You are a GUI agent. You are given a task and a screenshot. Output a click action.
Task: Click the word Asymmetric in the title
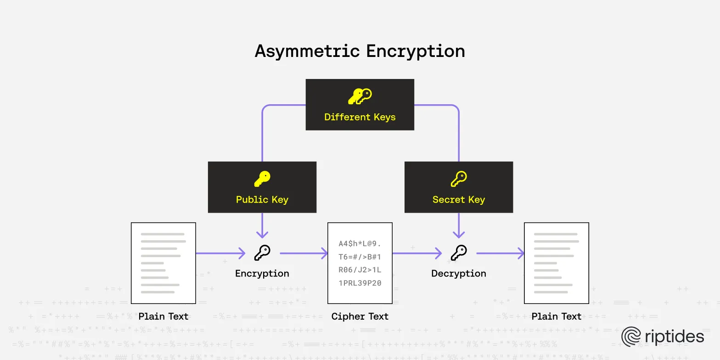[307, 51]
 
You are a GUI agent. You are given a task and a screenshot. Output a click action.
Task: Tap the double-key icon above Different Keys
[360, 96]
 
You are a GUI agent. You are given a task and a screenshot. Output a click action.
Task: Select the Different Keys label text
[360, 117]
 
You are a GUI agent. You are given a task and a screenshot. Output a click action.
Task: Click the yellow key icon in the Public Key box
[262, 179]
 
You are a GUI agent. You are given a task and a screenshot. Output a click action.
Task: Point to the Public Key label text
[262, 200]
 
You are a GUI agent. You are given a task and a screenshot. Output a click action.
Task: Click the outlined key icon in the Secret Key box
[458, 179]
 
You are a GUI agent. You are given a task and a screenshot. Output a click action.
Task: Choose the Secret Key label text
[458, 200]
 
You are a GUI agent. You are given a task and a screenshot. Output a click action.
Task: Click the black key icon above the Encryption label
[262, 252]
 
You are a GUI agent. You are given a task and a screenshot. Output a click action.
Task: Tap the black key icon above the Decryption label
[458, 252]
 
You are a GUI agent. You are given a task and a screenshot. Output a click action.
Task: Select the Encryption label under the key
[262, 274]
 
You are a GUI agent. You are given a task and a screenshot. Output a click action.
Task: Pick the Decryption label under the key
[458, 274]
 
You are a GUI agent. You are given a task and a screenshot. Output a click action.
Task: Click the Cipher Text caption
[360, 316]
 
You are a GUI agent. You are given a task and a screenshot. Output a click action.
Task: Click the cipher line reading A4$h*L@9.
[360, 243]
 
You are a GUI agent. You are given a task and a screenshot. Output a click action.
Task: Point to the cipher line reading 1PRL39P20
[360, 283]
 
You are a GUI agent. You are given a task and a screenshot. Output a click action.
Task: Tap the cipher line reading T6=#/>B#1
[360, 257]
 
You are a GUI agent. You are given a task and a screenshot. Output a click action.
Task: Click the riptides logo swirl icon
[631, 337]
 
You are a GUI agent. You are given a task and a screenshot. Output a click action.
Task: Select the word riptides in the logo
[675, 337]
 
